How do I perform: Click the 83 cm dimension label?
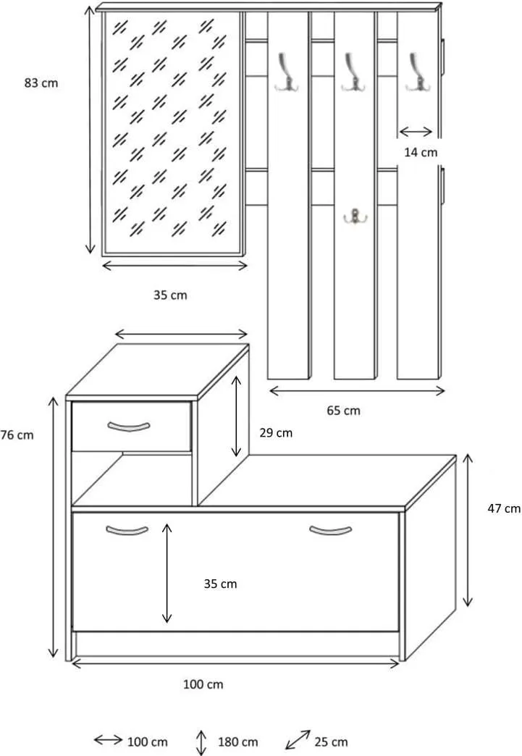coord(41,83)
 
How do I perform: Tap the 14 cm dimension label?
coord(421,152)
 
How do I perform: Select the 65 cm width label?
coord(343,411)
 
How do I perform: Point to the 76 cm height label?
coord(17,435)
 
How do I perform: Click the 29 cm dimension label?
coord(276,433)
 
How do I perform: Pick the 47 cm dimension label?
coord(504,508)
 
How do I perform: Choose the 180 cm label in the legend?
coord(237,742)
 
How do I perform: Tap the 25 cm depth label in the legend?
coord(331,742)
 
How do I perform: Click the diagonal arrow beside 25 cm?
coord(298,739)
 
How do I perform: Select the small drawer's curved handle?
coord(129,427)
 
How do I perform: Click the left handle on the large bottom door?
coord(127,530)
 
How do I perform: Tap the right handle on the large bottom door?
coord(330,530)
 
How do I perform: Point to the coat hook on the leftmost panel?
coord(286,72)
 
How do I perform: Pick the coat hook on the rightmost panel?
coord(418,72)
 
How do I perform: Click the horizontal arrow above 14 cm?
coord(416,132)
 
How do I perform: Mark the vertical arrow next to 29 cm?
coord(236,416)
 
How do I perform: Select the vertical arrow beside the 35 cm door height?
coord(167,573)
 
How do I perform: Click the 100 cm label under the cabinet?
coord(203,684)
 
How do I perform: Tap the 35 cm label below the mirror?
coord(170,295)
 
